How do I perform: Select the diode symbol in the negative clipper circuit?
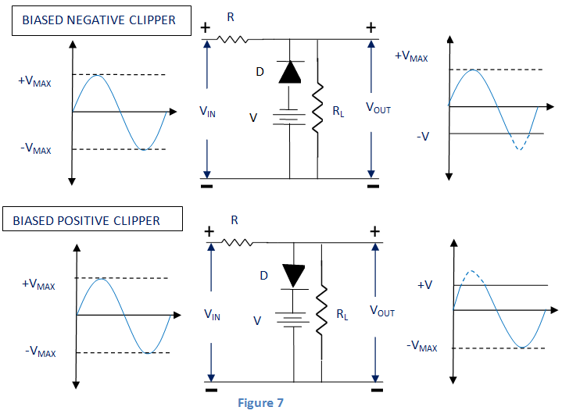coord(290,73)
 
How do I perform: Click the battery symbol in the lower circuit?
coord(293,320)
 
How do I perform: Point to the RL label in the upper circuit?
coord(338,112)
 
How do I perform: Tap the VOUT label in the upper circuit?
coord(378,109)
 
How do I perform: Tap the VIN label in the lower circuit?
coord(212,313)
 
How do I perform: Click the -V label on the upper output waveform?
coord(423,136)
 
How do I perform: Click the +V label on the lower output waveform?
coord(424,285)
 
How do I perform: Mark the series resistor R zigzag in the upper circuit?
coord(232,37)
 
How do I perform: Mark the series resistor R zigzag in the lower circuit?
coord(238,243)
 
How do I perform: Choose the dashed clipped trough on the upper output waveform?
coord(520,141)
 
